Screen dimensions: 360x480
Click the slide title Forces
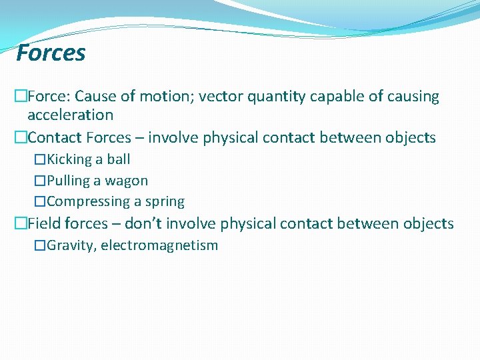coord(51,53)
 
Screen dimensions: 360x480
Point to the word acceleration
coord(70,115)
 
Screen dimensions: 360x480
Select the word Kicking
coord(69,159)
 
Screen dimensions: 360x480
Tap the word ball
coord(119,159)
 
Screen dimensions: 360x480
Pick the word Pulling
coord(69,181)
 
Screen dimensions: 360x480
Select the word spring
coord(165,202)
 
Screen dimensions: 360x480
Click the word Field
coord(44,223)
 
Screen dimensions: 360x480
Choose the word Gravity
coord(71,245)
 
